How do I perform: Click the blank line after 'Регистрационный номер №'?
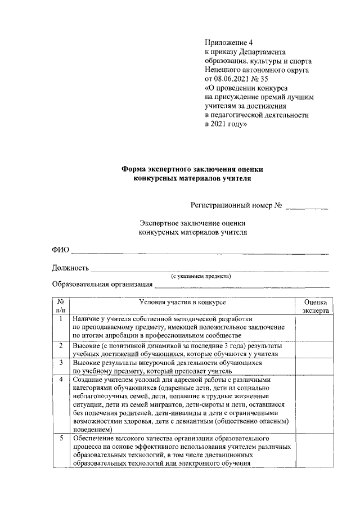307,208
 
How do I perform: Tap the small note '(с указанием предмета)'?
201,276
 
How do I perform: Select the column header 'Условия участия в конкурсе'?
182,302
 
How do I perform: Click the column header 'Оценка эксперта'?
312,306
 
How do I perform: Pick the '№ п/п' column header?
61,306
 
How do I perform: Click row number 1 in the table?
61,319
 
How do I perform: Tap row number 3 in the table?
61,363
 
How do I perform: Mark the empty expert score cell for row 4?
312,404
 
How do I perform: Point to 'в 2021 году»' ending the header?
226,123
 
